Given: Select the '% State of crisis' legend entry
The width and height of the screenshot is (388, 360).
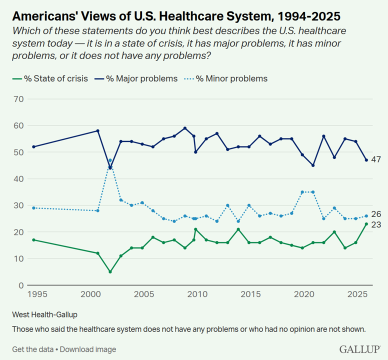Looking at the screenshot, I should click(49, 78).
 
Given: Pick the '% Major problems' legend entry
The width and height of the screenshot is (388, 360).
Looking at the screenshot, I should click(142, 78).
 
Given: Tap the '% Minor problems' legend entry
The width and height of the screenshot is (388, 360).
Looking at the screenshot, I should click(231, 78).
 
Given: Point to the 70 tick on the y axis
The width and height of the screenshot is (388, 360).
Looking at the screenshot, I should click(19, 99).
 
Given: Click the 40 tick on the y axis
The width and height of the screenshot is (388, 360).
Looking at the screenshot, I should click(19, 178).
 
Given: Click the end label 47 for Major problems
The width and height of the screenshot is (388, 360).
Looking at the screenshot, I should click(376, 160).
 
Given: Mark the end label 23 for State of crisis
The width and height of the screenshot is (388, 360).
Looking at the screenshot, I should click(376, 224).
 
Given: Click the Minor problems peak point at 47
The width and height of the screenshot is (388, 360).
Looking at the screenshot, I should click(110, 160).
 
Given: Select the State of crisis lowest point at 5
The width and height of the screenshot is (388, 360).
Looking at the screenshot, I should click(110, 272).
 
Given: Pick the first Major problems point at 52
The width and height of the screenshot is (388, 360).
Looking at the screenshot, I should click(33, 146).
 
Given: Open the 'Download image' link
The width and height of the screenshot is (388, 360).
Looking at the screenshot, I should click(88, 349).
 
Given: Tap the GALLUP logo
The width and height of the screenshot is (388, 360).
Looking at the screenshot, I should click(360, 348).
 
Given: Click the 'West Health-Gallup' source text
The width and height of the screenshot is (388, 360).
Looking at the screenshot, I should click(42, 315).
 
